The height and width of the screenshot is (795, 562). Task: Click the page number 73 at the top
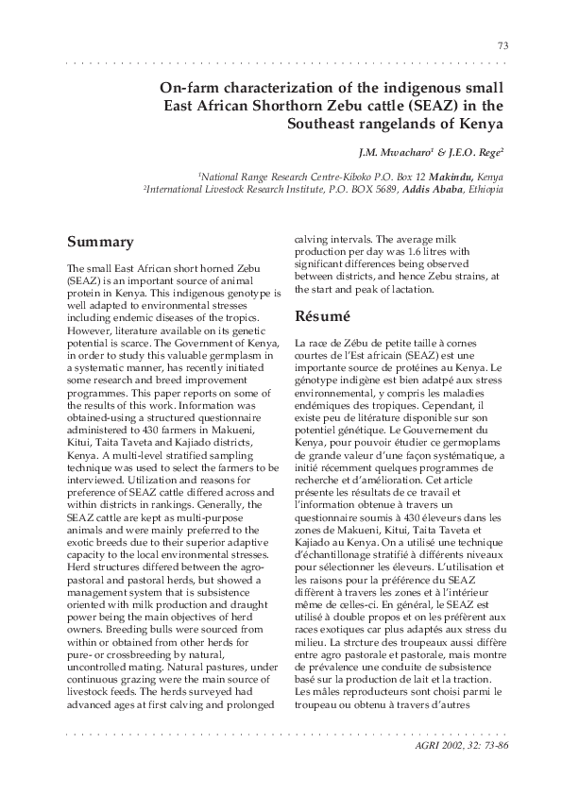(502, 46)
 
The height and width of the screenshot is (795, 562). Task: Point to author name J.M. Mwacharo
(387, 151)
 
